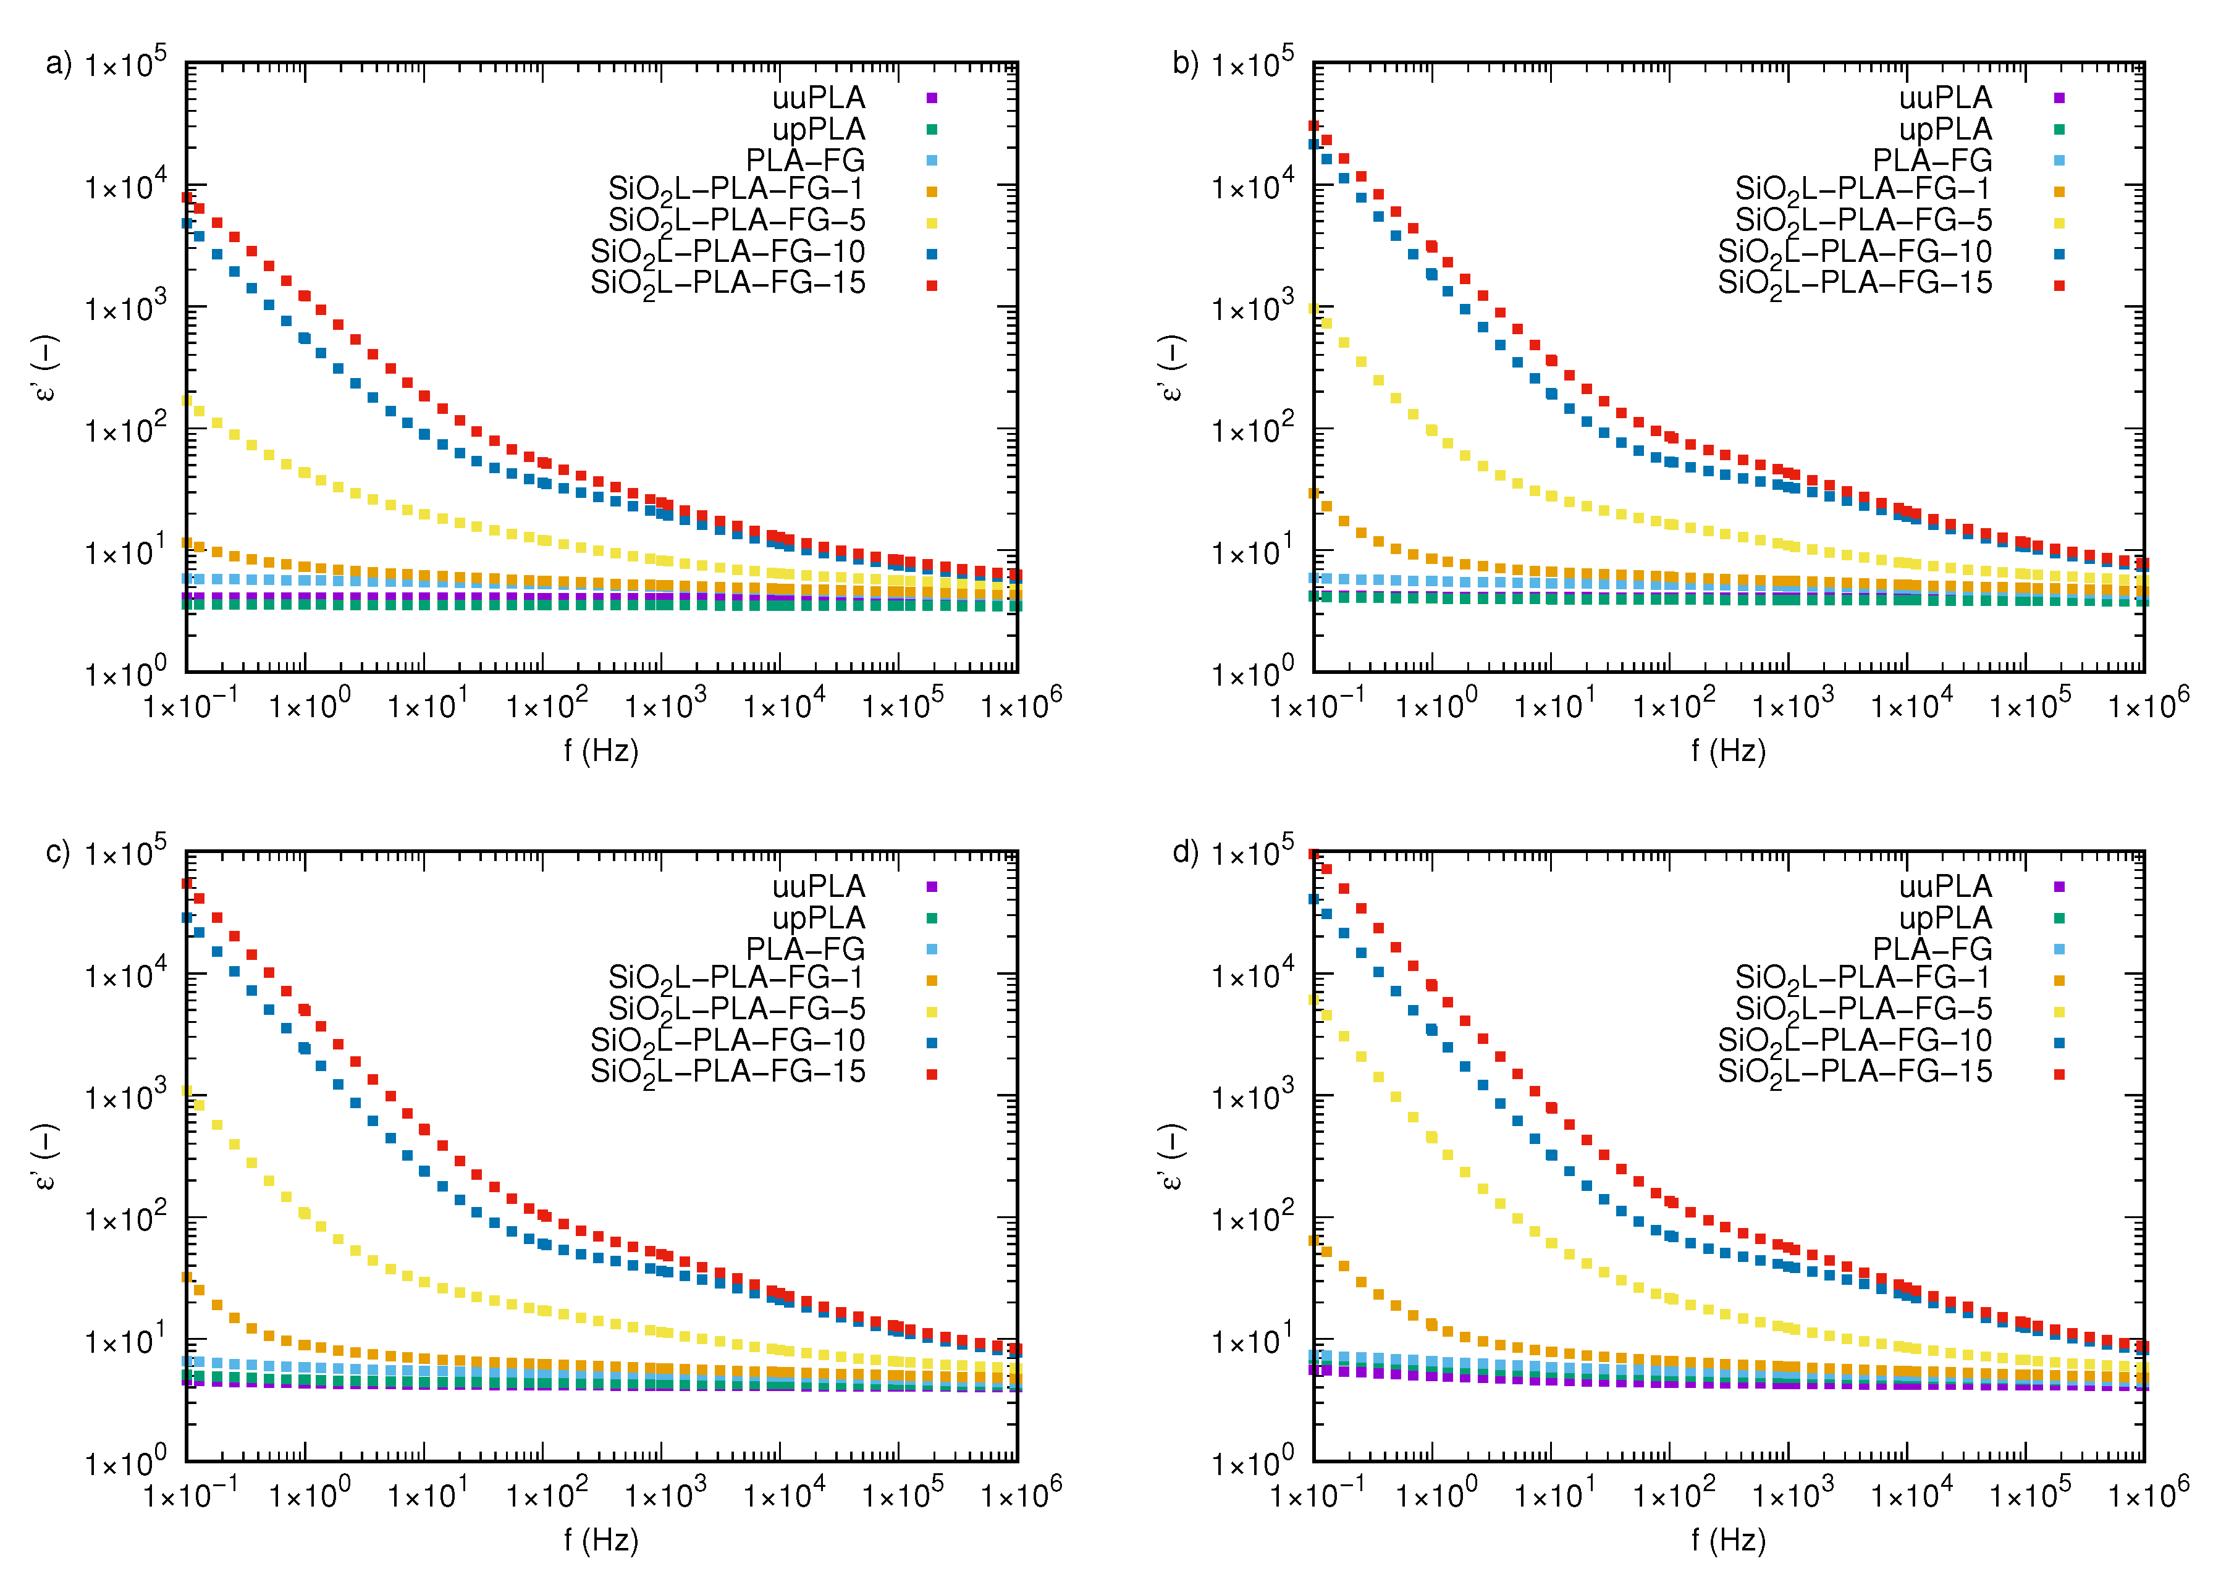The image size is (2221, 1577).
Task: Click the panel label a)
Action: click(x=58, y=64)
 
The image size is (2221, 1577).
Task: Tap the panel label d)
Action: click(x=1186, y=852)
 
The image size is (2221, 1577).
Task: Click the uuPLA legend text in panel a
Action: click(x=818, y=98)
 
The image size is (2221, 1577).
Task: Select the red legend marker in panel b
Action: click(x=2058, y=285)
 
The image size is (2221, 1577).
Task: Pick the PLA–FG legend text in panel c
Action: click(x=804, y=949)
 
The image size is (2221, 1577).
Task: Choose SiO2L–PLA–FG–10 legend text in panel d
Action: click(x=1854, y=1041)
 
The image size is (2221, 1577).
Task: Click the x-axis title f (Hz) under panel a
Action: click(x=601, y=751)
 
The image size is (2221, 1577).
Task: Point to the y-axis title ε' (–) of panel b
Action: click(x=1171, y=368)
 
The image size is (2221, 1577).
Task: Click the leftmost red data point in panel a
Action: click(x=187, y=197)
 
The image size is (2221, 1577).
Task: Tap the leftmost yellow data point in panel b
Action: click(x=1314, y=309)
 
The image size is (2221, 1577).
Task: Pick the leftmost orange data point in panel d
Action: click(x=1314, y=1241)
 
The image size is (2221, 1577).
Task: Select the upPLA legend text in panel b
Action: click(x=1945, y=129)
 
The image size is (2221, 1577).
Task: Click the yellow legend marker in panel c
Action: click(x=931, y=1012)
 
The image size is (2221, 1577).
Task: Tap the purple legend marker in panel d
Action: click(x=2058, y=886)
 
